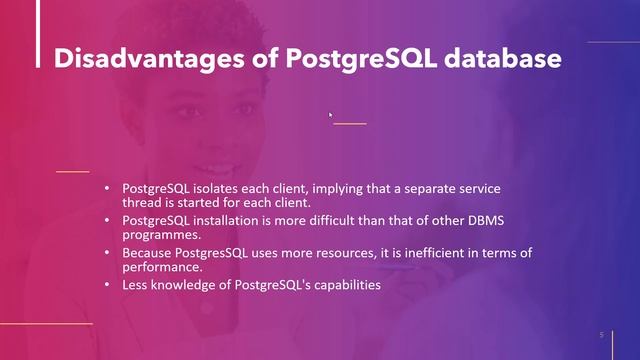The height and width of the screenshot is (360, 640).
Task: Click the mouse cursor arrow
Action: (x=331, y=116)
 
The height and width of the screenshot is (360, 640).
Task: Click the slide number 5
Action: (x=601, y=334)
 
